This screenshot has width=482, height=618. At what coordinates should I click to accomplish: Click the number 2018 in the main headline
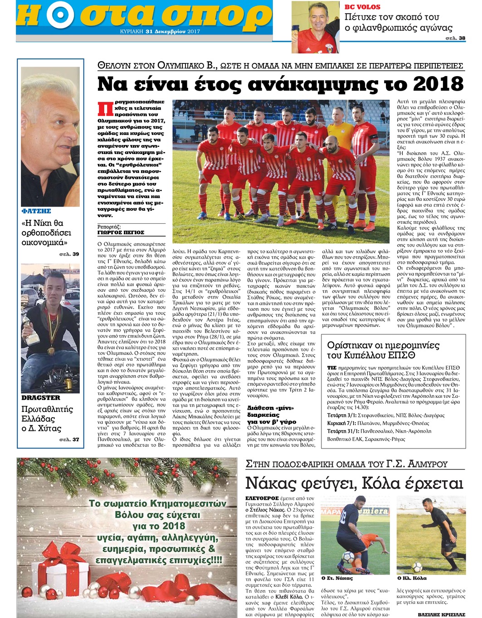point(438,84)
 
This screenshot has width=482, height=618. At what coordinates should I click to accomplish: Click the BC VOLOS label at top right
point(362,7)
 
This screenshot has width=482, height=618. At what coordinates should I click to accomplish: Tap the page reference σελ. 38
point(455,38)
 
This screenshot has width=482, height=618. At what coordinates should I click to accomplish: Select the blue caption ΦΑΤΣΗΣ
point(36,211)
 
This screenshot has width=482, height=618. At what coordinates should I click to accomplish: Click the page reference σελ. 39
point(69,254)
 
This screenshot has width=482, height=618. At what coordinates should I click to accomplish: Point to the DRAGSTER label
point(41,398)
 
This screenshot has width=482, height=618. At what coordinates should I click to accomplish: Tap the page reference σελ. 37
point(69,439)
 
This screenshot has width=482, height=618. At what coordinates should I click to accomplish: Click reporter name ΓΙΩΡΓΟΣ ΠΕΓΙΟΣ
point(121,232)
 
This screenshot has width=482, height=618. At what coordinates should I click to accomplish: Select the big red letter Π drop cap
point(105,109)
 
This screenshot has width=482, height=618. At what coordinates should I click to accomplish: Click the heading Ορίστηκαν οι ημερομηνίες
point(383,345)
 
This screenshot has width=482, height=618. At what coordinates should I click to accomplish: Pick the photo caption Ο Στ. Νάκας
point(337,578)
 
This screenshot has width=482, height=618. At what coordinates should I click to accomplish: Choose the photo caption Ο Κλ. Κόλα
point(412,578)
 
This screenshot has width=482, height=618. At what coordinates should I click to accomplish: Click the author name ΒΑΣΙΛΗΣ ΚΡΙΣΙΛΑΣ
point(442,614)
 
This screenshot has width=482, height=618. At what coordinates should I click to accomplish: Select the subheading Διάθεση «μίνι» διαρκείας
point(271,411)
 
